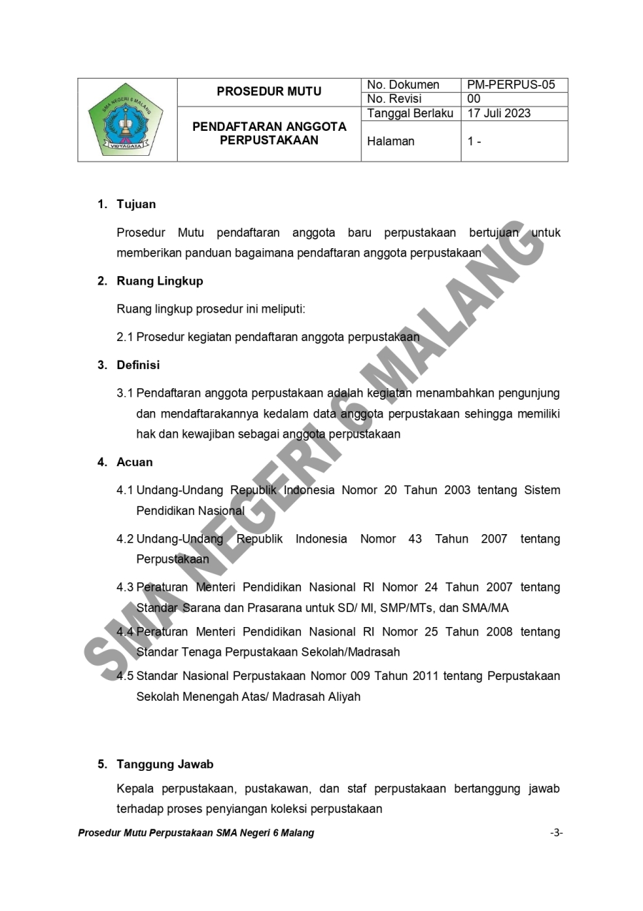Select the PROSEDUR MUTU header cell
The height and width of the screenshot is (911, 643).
point(269,92)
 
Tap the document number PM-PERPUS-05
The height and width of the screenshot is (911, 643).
point(511,85)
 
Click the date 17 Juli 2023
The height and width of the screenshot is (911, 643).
point(499,113)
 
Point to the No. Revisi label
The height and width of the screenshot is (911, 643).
point(394,99)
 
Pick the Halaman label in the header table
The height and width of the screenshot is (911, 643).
point(391,142)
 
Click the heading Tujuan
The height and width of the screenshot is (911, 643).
point(136,205)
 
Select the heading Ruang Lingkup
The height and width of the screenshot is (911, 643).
point(159,281)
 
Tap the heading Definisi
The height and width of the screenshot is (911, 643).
point(138,365)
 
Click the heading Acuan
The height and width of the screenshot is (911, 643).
point(134,462)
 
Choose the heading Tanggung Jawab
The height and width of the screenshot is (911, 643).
point(164,764)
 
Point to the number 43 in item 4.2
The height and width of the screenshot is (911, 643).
point(415,539)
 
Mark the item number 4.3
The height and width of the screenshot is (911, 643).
point(125,588)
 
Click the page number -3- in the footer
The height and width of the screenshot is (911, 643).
point(557,833)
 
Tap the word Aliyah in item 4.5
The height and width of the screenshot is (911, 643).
point(344,696)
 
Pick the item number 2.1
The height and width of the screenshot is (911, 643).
point(125,337)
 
